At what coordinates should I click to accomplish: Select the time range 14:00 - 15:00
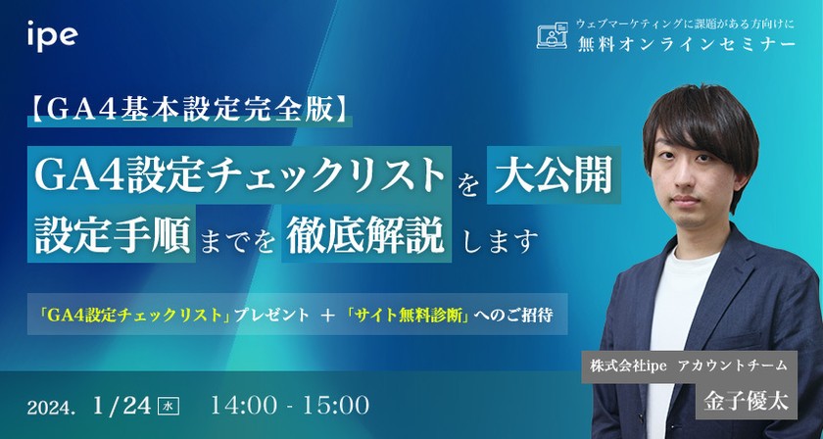coord(290,404)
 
